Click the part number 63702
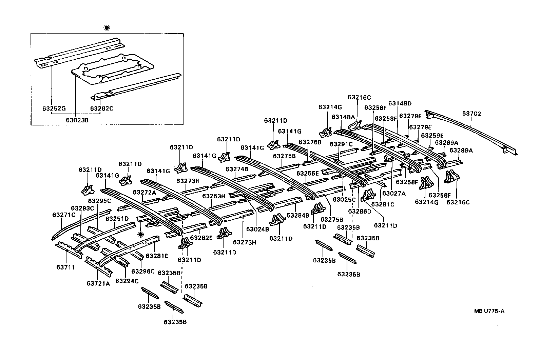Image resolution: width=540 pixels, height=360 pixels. (471, 114)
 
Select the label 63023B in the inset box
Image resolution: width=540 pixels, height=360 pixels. (77, 120)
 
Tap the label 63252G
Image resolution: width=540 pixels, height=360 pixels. (54, 108)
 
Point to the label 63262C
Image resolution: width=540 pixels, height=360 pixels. (101, 108)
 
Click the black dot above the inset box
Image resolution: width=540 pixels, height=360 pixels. (107, 28)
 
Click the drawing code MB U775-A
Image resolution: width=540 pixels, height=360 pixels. (489, 311)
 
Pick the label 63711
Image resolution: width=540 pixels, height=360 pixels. (65, 267)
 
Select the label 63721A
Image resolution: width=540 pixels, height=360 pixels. (98, 283)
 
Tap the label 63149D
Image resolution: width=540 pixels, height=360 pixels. (400, 103)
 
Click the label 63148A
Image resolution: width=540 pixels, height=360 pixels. (343, 117)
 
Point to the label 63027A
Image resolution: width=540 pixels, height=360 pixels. (394, 193)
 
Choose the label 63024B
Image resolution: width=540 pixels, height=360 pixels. (257, 229)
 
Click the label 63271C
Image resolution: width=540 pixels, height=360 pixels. (64, 215)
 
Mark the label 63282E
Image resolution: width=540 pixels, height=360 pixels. (201, 238)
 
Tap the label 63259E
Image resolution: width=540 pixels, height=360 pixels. (432, 135)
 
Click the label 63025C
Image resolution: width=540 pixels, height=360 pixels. (344, 199)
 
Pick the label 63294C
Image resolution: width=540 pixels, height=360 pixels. (127, 281)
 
